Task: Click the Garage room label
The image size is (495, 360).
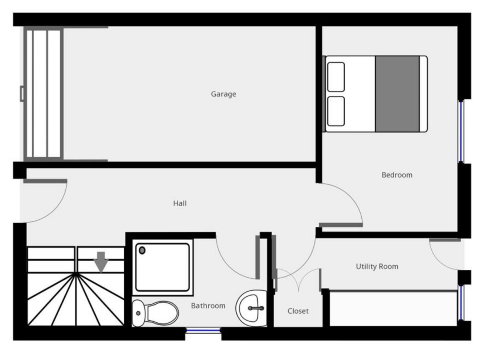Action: click(223, 94)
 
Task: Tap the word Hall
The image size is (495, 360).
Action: click(180, 203)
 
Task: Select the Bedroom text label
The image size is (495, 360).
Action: click(397, 175)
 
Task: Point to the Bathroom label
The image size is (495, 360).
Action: click(208, 306)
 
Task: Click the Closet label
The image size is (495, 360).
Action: click(298, 311)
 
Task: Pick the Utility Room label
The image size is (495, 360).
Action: click(377, 266)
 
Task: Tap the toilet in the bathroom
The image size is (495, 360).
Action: click(155, 313)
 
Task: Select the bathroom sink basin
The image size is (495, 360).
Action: click(251, 308)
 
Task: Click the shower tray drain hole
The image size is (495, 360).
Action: click(142, 251)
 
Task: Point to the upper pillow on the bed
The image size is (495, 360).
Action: click(336, 77)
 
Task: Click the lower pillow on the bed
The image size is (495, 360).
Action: click(336, 111)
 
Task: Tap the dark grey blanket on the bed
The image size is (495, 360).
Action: click(397, 94)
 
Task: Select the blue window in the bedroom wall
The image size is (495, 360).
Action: click(461, 131)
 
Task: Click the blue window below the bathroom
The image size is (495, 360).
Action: click(203, 330)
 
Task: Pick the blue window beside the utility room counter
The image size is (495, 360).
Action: click(461, 303)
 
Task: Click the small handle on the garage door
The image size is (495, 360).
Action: click(22, 94)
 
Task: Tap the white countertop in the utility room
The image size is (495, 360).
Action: click(393, 308)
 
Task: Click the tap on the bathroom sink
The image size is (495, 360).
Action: click(256, 308)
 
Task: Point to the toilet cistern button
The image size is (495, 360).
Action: click(138, 313)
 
